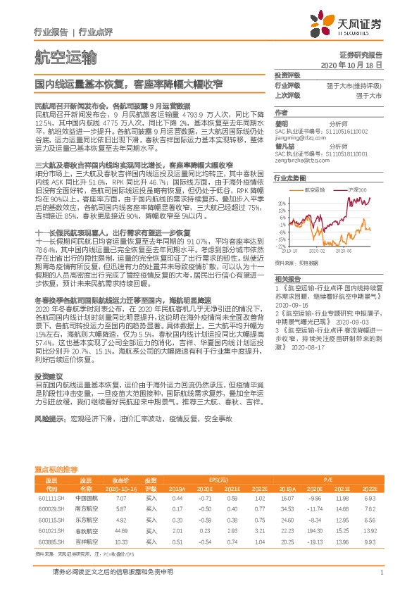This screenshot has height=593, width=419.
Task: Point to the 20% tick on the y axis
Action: point(280,202)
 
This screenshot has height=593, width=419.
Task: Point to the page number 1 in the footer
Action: point(380,573)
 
